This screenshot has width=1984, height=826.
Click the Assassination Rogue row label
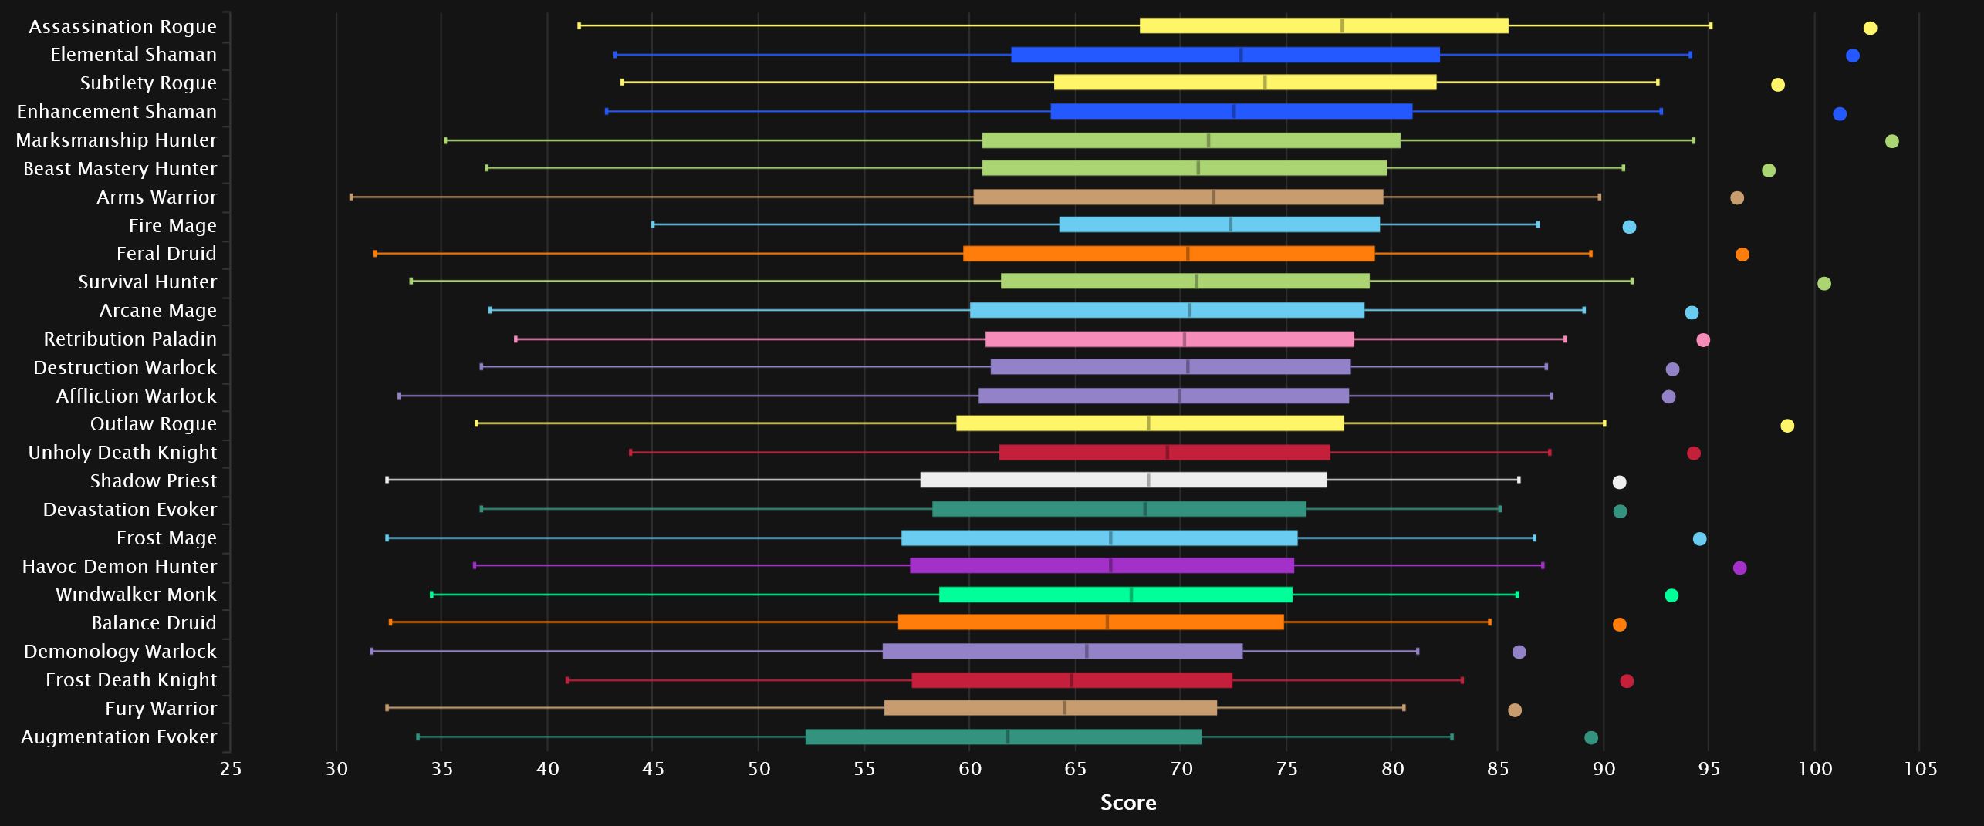[x=123, y=27]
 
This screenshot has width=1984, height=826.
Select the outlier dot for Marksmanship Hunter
[x=1891, y=141]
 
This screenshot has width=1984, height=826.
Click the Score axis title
[x=1127, y=803]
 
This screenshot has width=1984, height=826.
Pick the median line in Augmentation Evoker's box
[x=1007, y=737]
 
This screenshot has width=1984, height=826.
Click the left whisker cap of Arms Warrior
[x=351, y=197]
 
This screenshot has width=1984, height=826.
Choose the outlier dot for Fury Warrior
[x=1514, y=710]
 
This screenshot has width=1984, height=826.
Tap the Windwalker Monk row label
[x=136, y=595]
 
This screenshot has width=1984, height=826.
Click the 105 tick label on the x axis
[x=1920, y=768]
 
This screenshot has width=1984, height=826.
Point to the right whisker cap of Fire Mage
[x=1537, y=224]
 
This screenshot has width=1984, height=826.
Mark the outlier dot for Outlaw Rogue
[x=1786, y=426]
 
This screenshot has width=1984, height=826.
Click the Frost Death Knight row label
[x=131, y=680]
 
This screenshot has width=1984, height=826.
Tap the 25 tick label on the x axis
[x=231, y=768]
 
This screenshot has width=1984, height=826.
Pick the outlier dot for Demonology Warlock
[x=1519, y=652]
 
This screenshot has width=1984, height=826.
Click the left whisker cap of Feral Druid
[x=375, y=254]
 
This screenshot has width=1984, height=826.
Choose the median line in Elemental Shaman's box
[x=1240, y=55]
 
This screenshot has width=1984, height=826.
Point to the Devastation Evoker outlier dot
[x=1620, y=511]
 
